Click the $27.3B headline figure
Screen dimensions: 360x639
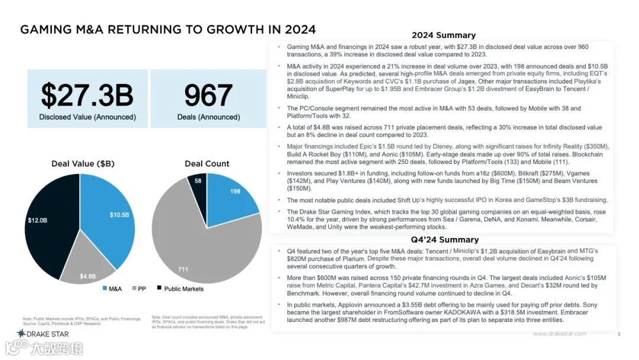coord(87,95)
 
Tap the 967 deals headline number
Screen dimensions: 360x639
coord(208,95)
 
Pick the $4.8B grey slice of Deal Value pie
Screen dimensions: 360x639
coord(88,266)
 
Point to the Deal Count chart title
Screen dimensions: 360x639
coord(206,163)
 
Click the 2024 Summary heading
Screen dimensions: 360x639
coord(443,35)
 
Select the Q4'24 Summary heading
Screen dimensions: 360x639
coord(444,240)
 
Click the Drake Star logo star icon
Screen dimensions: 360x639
coord(21,334)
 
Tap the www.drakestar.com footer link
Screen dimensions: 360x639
coord(559,334)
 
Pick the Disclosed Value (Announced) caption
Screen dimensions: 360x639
coord(87,117)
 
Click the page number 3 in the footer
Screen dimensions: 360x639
coord(618,335)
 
